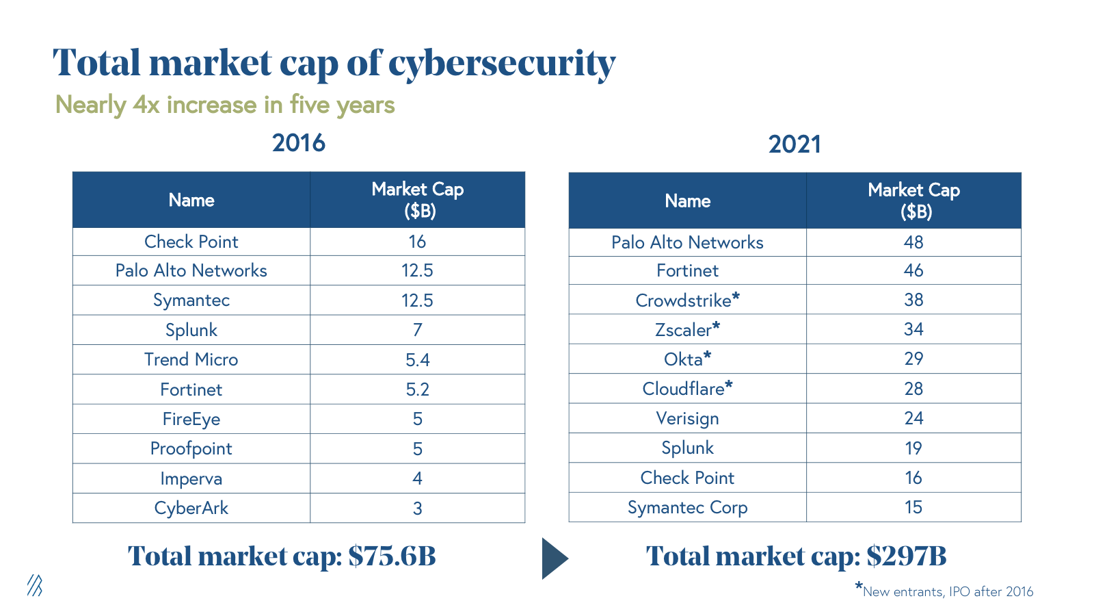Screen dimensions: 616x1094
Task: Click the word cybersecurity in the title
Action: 502,64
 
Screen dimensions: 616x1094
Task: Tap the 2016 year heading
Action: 299,143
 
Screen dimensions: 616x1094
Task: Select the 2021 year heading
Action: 795,144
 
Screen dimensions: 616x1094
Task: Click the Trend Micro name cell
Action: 191,359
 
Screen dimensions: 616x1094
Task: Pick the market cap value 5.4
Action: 417,360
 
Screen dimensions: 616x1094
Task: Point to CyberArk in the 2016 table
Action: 191,508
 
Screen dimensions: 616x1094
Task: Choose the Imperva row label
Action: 191,478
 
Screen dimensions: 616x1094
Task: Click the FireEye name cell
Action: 191,419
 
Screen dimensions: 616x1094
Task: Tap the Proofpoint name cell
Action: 191,448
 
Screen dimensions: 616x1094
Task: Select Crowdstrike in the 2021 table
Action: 684,300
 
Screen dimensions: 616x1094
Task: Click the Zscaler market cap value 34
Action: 913,329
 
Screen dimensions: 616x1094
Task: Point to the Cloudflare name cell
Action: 684,389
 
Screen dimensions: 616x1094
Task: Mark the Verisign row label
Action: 687,418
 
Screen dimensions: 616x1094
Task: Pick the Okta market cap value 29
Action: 913,359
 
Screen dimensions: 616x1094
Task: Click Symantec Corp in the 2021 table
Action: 687,507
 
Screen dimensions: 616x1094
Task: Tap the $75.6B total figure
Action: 392,556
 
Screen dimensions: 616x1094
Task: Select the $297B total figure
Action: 906,556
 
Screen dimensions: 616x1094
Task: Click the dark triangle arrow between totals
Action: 554,559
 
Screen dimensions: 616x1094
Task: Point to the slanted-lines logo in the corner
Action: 35,585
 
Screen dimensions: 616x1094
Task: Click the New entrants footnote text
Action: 948,591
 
